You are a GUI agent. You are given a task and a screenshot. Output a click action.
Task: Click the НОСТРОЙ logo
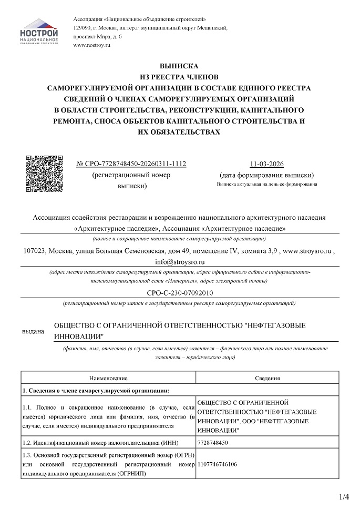39,31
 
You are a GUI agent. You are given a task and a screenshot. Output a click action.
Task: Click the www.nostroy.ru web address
92,46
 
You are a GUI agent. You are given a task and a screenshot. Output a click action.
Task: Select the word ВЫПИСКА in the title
180,67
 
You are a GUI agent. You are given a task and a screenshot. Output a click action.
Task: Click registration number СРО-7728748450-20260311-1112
131,164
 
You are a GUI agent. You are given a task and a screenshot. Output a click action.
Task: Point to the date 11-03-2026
267,164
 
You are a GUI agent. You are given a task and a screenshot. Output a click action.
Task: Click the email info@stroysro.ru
180,261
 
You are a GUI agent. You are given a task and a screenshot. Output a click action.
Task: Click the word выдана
33,332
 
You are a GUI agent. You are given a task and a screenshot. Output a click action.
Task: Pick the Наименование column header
108,378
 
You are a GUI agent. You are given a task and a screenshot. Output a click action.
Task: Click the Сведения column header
267,378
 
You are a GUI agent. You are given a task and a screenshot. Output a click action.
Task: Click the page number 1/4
344,496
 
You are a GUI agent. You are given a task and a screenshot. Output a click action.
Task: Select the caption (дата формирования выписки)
267,175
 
